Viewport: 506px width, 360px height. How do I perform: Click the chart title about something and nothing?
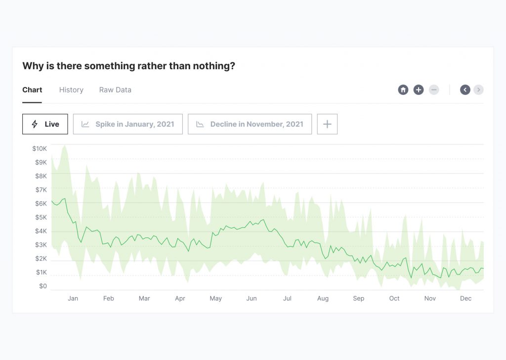[128, 66]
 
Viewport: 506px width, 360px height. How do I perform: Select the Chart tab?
[32, 90]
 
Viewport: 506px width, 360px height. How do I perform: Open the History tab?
[71, 90]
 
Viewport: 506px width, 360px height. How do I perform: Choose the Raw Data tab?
[115, 90]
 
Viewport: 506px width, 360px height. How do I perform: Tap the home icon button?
[403, 90]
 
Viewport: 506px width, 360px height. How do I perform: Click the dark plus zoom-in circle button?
[419, 90]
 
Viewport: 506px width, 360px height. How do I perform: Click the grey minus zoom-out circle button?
[434, 90]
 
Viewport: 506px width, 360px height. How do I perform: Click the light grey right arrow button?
[478, 90]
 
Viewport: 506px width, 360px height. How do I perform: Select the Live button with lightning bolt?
[45, 124]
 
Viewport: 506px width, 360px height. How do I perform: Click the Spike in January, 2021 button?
[127, 124]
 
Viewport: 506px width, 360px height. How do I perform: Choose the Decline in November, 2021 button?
[250, 124]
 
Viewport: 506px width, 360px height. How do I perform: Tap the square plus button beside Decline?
[327, 124]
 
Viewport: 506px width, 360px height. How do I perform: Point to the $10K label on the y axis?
[40, 148]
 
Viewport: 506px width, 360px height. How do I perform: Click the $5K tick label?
[41, 217]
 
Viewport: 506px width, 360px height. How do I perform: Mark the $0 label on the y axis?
[42, 286]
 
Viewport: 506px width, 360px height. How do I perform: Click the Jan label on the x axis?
[73, 298]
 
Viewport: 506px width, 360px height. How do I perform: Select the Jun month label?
[252, 298]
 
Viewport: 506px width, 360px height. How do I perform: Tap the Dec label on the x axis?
[465, 298]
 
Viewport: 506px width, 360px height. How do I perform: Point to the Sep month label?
[358, 298]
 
